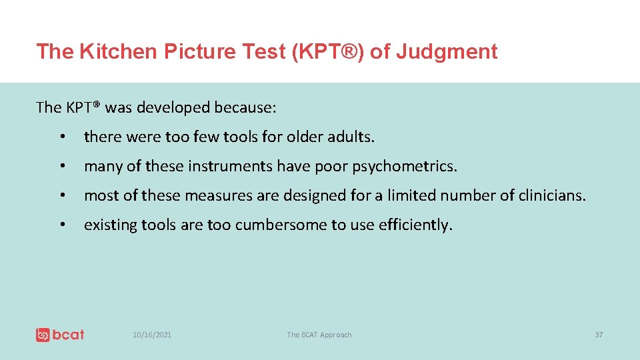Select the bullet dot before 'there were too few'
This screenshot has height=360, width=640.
click(x=61, y=137)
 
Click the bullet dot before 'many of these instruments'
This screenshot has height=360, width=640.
click(x=61, y=167)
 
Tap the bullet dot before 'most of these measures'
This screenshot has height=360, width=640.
click(x=61, y=196)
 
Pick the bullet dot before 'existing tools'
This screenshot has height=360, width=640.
click(x=61, y=225)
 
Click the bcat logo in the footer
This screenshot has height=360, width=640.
click(x=60, y=335)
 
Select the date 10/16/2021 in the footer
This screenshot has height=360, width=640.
click(x=152, y=335)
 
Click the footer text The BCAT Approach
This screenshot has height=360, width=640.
click(x=319, y=335)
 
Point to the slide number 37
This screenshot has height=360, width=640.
click(x=598, y=335)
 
